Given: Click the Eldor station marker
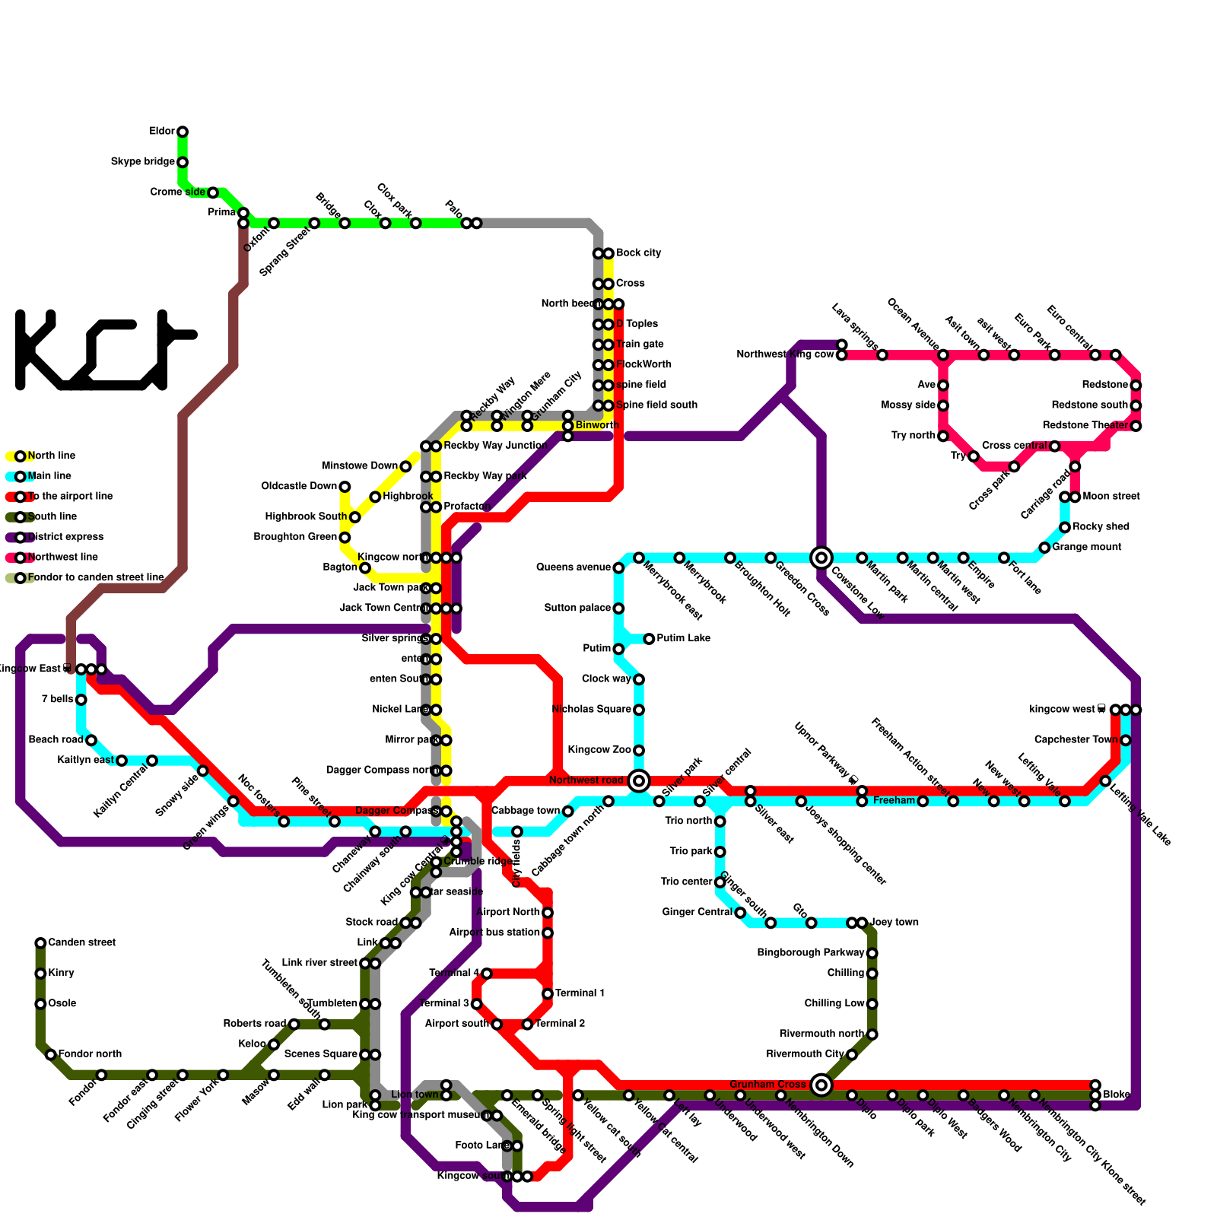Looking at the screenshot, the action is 183,132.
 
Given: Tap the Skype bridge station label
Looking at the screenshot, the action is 143,162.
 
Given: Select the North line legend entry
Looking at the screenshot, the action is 51,456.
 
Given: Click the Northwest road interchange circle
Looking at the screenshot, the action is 639,780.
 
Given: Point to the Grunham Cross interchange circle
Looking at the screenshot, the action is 821,1085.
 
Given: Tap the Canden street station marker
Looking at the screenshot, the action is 40,943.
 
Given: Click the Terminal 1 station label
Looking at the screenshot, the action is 580,993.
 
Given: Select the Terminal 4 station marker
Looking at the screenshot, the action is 487,974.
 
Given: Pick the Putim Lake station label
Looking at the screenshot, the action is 683,639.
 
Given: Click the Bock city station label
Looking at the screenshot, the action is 638,253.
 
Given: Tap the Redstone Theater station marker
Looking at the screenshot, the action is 1136,426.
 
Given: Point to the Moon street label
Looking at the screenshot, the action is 1111,497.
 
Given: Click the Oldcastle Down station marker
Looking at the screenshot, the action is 345,487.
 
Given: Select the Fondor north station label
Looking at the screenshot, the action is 90,1054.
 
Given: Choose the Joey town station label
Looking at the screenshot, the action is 894,923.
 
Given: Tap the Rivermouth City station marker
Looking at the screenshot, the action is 852,1055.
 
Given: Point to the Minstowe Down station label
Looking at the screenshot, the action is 360,466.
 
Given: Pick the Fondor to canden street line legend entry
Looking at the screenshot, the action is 95,578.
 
